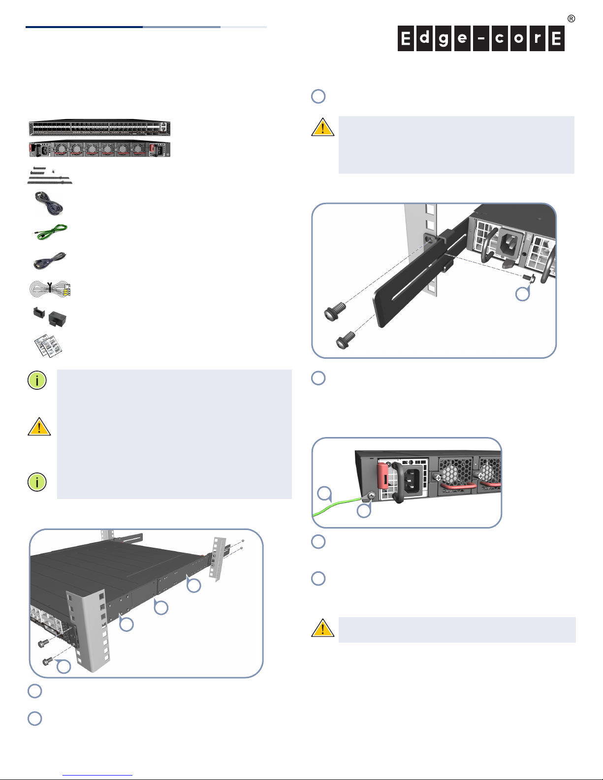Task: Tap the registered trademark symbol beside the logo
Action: click(571, 19)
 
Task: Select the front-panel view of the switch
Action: click(99, 128)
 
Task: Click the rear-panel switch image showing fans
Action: click(99, 149)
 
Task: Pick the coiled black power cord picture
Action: click(48, 203)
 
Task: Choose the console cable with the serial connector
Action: click(49, 260)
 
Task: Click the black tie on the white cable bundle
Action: click(50, 285)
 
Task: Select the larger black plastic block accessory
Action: click(58, 318)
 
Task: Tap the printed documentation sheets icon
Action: click(48, 345)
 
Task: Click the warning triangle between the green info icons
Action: click(39, 427)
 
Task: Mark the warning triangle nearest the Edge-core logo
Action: click(322, 127)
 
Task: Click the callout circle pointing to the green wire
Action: click(324, 493)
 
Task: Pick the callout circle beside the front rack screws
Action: click(63, 666)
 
